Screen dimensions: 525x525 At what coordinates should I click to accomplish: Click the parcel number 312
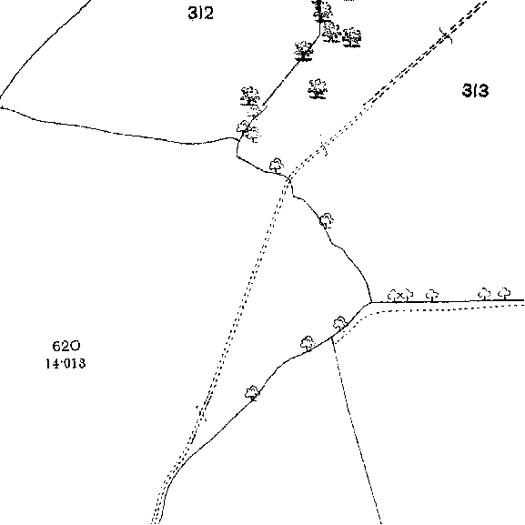200,14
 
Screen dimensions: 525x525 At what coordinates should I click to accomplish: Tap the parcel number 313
475,90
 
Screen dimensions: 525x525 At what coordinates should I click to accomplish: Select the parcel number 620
66,346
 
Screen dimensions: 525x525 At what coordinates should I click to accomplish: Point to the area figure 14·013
66,363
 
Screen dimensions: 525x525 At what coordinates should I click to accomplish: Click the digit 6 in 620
56,346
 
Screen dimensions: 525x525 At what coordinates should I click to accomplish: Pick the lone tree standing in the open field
317,89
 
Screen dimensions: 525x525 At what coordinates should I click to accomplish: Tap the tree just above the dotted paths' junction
277,166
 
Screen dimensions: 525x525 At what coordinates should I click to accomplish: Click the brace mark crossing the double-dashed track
446,35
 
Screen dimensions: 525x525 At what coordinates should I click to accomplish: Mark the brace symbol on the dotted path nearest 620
201,414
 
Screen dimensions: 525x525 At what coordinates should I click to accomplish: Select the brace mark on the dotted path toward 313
323,146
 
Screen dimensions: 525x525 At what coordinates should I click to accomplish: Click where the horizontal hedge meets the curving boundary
371,302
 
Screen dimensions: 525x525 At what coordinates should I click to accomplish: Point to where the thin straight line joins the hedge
331,338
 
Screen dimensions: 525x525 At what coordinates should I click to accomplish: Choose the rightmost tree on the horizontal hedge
504,294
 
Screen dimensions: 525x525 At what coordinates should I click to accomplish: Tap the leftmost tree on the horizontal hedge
393,296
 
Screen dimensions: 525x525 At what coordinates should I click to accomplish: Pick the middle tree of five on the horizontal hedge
432,296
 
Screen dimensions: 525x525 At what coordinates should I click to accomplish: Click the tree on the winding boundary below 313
327,221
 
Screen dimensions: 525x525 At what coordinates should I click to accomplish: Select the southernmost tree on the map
252,393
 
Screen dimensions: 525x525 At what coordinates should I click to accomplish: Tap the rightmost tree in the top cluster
352,36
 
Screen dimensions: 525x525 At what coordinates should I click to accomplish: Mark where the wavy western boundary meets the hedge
238,139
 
